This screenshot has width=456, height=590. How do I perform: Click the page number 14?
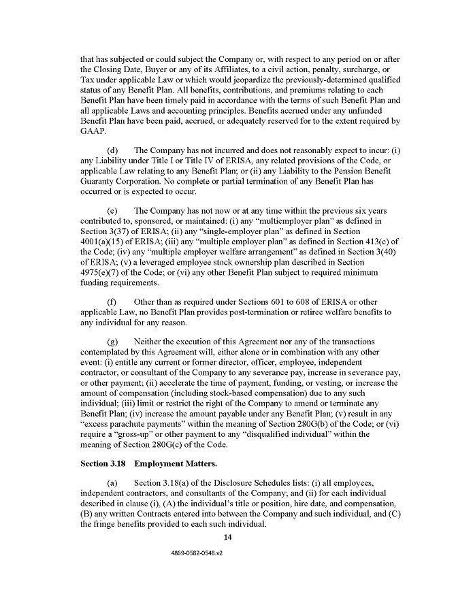[228, 538]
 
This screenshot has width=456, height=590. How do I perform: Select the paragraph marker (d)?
[112, 150]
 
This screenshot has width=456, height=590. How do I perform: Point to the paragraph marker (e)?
[112, 211]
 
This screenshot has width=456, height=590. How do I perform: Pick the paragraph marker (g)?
[112, 341]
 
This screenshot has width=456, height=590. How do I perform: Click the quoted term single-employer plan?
[221, 232]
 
